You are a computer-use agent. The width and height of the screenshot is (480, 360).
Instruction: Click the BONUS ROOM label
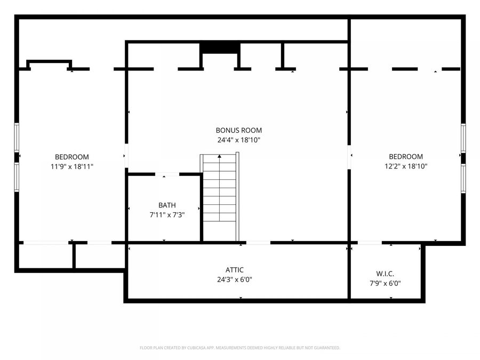(239, 131)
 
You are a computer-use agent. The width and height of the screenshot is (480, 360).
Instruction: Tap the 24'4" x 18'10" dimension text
(239, 140)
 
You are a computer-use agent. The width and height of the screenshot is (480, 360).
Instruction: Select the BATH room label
(167, 205)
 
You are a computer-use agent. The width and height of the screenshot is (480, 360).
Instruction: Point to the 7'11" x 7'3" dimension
(167, 215)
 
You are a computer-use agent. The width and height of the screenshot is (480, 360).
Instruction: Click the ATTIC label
(235, 270)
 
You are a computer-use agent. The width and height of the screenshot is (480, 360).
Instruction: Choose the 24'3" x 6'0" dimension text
(235, 279)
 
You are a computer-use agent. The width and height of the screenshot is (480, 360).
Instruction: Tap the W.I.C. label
(385, 274)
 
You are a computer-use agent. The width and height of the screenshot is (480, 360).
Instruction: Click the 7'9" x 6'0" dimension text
(385, 284)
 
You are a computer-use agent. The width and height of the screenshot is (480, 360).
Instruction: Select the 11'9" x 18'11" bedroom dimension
(72, 167)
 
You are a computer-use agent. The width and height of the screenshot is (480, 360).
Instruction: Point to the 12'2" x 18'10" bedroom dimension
(406, 166)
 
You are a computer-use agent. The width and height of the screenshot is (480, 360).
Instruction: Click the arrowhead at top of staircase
(220, 156)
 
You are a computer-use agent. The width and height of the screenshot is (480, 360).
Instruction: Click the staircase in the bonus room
(220, 196)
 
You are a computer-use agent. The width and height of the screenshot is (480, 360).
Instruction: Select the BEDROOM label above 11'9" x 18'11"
(72, 157)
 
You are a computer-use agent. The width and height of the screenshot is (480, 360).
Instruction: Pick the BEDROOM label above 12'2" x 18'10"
(406, 157)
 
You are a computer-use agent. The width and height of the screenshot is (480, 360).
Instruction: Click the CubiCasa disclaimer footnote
(239, 348)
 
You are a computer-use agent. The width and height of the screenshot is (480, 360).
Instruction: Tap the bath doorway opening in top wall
(167, 174)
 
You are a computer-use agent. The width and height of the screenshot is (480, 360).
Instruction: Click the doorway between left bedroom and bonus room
(126, 156)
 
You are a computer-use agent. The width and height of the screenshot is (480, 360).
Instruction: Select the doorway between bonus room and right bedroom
(349, 157)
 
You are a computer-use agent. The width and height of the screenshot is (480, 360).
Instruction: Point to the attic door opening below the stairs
(258, 243)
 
